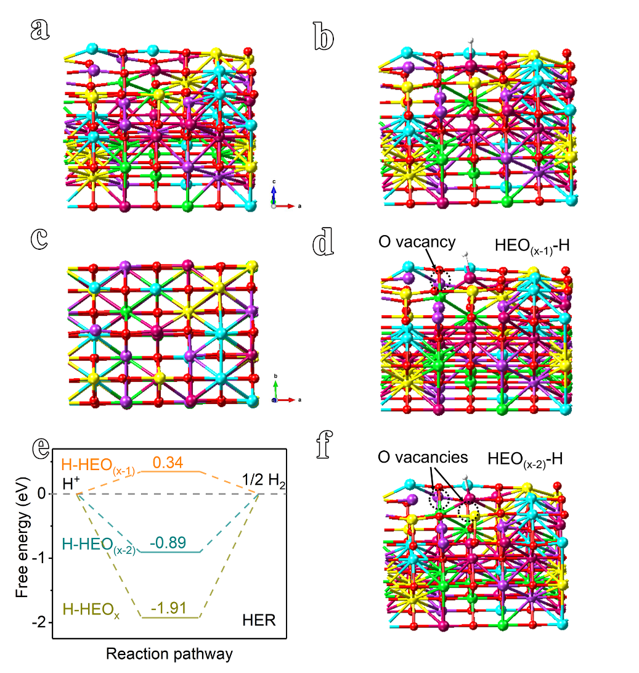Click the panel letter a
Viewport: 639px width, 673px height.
tap(40, 30)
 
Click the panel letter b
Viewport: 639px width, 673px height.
tap(324, 36)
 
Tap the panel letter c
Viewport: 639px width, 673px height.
tap(39, 239)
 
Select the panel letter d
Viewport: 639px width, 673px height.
tap(324, 242)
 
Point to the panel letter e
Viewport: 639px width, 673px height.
tap(42, 448)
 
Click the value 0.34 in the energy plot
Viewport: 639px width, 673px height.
tap(168, 462)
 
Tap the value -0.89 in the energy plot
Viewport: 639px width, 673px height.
tap(168, 542)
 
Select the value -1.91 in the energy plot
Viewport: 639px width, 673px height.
tap(169, 608)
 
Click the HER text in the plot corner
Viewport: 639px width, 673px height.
tap(259, 620)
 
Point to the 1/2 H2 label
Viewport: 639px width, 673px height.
tap(264, 481)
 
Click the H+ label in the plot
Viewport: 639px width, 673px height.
tap(71, 483)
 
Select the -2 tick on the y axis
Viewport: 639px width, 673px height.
tap(39, 622)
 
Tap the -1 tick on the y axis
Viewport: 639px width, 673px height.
tap(39, 558)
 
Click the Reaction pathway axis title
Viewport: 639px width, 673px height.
tap(169, 654)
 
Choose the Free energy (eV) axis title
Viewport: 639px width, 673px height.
tap(22, 537)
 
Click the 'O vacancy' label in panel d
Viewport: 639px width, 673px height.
tap(417, 242)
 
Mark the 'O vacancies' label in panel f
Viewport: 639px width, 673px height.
tap(423, 457)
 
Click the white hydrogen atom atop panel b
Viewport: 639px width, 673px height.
tap(471, 41)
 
